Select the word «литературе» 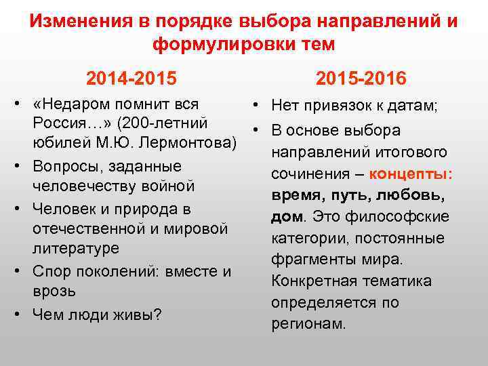point(76,249)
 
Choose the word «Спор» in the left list point(52,271)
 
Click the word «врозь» point(54,291)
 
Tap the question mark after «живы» point(157,314)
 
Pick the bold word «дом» point(285,217)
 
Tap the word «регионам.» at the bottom point(308,324)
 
